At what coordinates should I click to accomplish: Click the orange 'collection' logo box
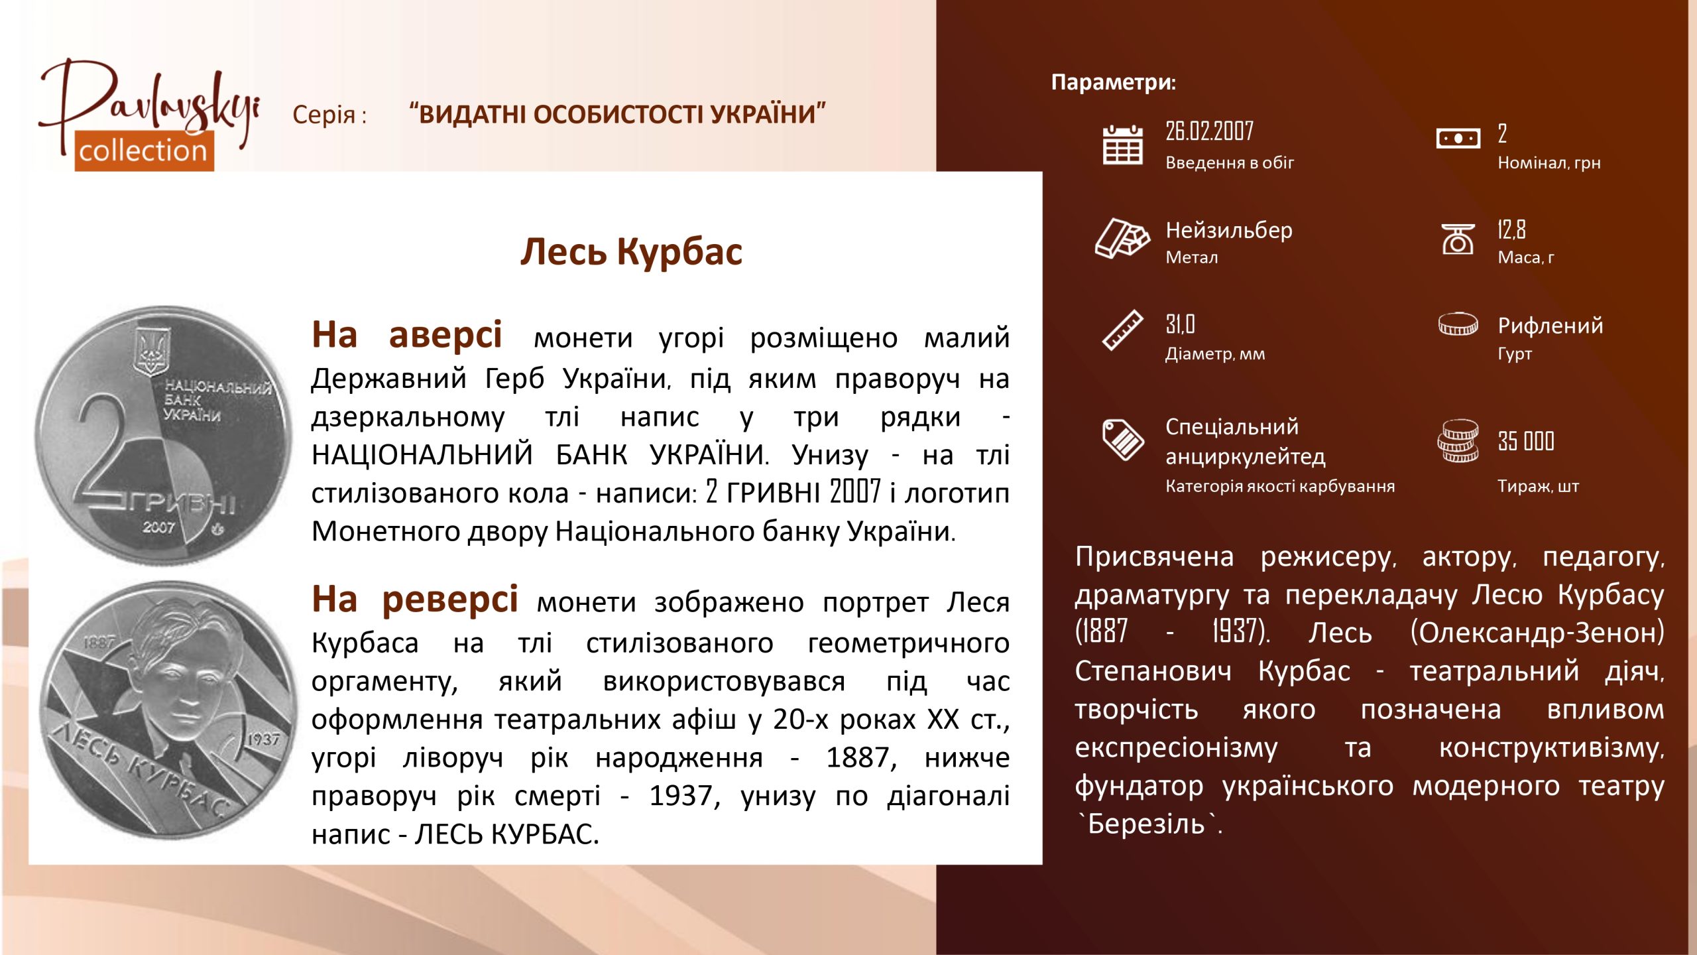coord(144,151)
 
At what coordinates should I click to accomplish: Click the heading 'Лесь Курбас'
coord(631,252)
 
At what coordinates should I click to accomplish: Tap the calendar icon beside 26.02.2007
coord(1122,145)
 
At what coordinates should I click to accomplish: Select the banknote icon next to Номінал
coord(1458,139)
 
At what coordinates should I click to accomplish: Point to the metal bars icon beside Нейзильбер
coord(1122,237)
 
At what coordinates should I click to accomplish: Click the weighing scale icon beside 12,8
coord(1458,239)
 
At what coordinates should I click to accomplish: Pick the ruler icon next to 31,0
coord(1122,330)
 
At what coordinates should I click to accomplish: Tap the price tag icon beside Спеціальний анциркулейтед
coord(1122,440)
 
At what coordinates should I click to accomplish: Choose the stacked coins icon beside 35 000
coord(1458,441)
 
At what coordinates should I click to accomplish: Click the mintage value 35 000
coord(1526,441)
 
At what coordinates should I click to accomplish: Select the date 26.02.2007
coord(1209,131)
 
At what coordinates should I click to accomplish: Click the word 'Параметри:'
coord(1114,82)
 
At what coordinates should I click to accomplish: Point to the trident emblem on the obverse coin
coord(150,351)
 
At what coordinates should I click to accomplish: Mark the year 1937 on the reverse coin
coord(264,739)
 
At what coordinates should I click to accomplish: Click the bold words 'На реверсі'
coord(415,600)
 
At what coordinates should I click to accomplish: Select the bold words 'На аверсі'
coord(407,334)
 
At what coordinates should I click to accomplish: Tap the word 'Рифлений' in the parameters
coord(1551,326)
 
